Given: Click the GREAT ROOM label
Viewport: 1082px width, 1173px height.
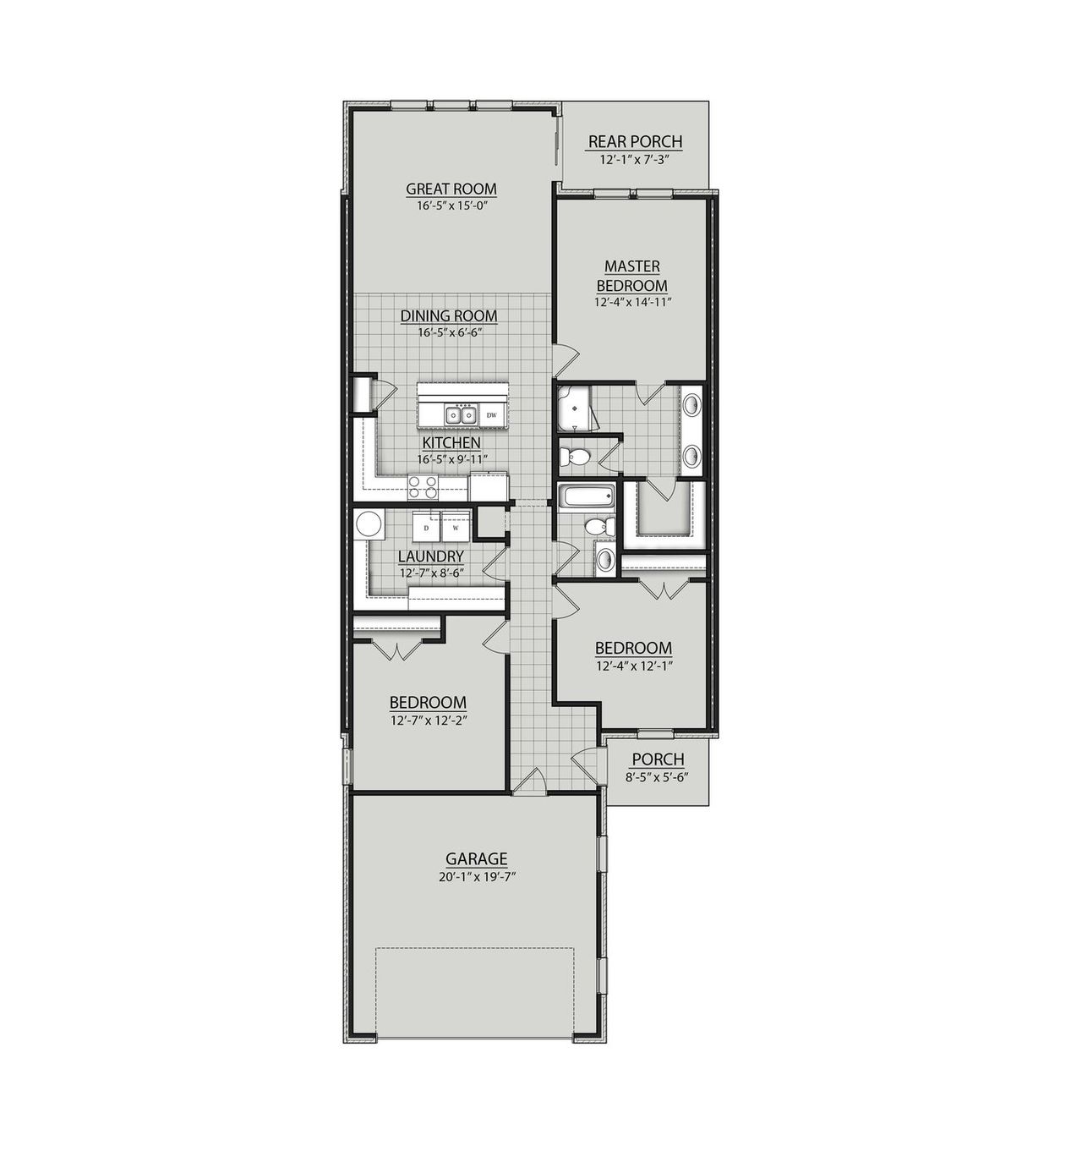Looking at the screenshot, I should [x=451, y=189].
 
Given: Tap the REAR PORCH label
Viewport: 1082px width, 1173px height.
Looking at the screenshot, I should [x=635, y=141].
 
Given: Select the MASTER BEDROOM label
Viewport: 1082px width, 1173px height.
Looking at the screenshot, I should [x=631, y=276].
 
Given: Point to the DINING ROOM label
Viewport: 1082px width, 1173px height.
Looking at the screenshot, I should [x=449, y=315].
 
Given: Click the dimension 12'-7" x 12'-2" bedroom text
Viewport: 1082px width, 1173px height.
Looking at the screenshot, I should [x=429, y=721].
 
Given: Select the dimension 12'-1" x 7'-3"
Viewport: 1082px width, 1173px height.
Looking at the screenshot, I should [x=635, y=159].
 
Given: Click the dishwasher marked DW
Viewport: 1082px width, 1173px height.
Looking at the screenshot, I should [x=491, y=415].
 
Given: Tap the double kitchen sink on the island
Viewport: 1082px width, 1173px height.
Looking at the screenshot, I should [x=459, y=415].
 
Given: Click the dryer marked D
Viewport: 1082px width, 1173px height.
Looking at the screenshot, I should [x=426, y=527].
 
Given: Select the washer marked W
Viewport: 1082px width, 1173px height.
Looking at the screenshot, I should [x=456, y=527].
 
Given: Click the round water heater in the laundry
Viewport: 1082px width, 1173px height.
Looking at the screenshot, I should [x=369, y=525].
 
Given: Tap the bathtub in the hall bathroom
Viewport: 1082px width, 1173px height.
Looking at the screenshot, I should [x=582, y=497].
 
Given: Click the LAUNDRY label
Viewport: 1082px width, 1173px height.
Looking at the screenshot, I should [x=431, y=556].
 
